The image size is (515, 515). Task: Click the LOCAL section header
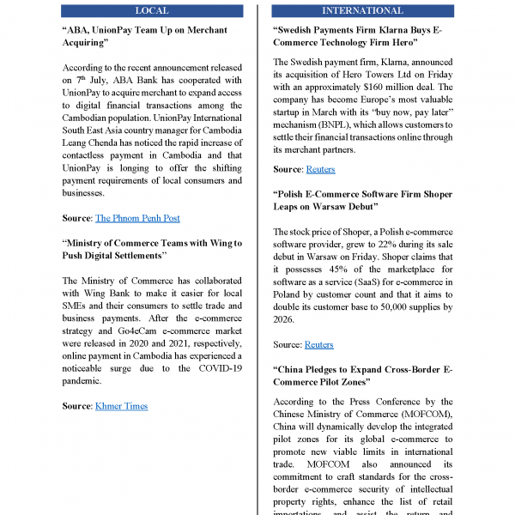pos(152,10)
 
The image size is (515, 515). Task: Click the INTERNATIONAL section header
pos(361,10)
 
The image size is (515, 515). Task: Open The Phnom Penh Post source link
pos(137,219)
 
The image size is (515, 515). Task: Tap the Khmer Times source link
pos(121,406)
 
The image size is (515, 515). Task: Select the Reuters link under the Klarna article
pos(319,170)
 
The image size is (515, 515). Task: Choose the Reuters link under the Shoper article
pos(319,345)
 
